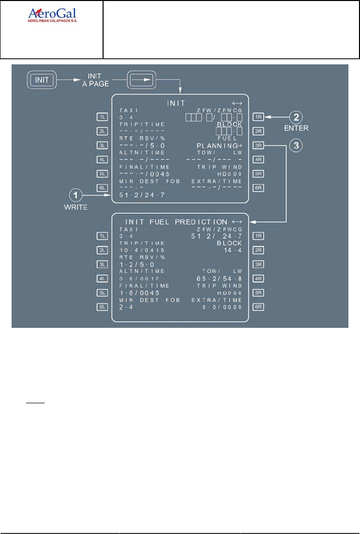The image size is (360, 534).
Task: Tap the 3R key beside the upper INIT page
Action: coord(259,146)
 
